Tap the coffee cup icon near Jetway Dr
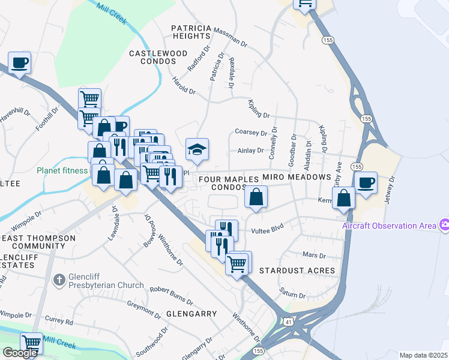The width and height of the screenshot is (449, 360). (366, 182)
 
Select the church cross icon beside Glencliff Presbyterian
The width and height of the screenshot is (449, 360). (59, 280)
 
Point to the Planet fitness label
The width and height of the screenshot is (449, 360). (61, 170)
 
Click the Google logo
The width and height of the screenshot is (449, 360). (20, 352)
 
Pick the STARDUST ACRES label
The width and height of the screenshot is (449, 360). (297, 271)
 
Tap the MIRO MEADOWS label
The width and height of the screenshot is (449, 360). (297, 177)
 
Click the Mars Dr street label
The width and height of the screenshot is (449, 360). (313, 255)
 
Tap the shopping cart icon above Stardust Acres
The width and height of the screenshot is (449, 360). (238, 262)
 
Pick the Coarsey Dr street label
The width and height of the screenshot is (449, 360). (251, 132)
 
